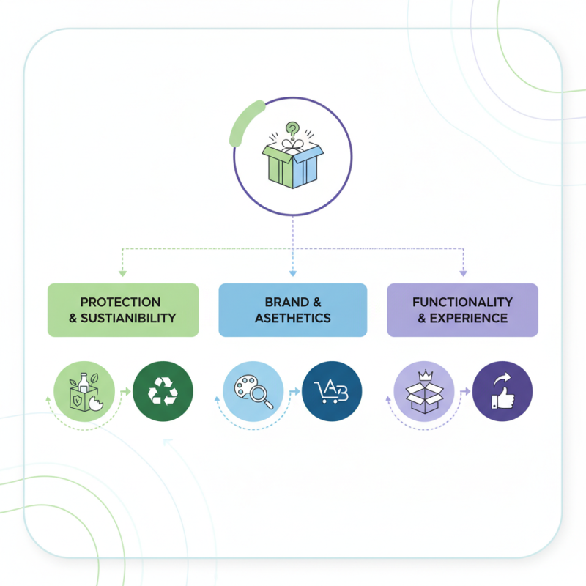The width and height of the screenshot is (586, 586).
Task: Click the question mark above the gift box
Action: [x=293, y=129]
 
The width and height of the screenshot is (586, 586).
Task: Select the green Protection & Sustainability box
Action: [x=123, y=310]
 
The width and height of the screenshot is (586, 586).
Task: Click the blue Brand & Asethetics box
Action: [x=293, y=310]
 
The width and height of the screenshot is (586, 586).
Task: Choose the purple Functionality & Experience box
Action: [x=462, y=310]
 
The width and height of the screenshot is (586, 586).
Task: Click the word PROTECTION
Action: [x=120, y=302]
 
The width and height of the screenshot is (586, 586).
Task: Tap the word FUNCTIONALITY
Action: [x=462, y=302]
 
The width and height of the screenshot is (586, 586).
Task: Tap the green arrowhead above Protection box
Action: [x=123, y=273]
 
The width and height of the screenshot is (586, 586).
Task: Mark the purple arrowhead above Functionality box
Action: [x=463, y=273]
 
